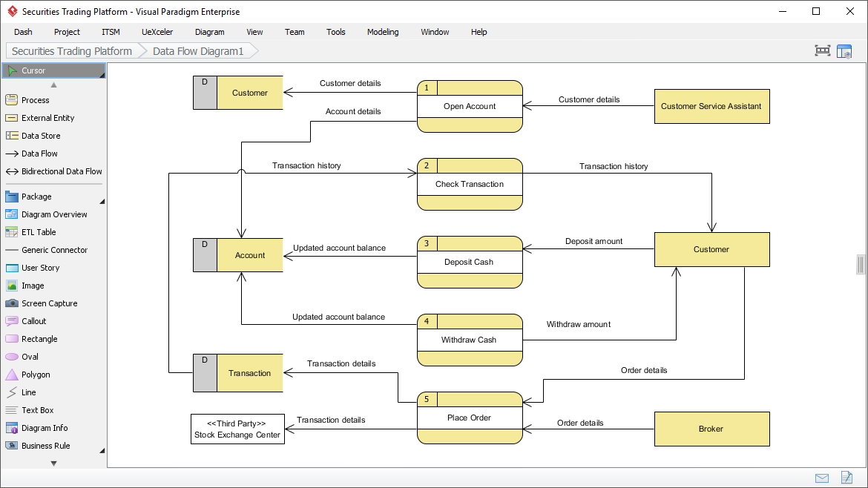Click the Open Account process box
470,106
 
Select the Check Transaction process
470,184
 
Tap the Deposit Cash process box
470,262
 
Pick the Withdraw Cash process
470,340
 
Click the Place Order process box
470,418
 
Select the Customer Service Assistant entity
711,106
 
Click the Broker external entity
711,429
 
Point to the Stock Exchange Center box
237,429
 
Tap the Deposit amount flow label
594,241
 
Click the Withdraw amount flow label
579,324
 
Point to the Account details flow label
353,111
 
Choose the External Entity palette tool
47,118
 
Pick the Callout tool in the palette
33,321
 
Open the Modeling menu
383,32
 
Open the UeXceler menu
157,32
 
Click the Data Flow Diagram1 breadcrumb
198,51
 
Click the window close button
849,11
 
